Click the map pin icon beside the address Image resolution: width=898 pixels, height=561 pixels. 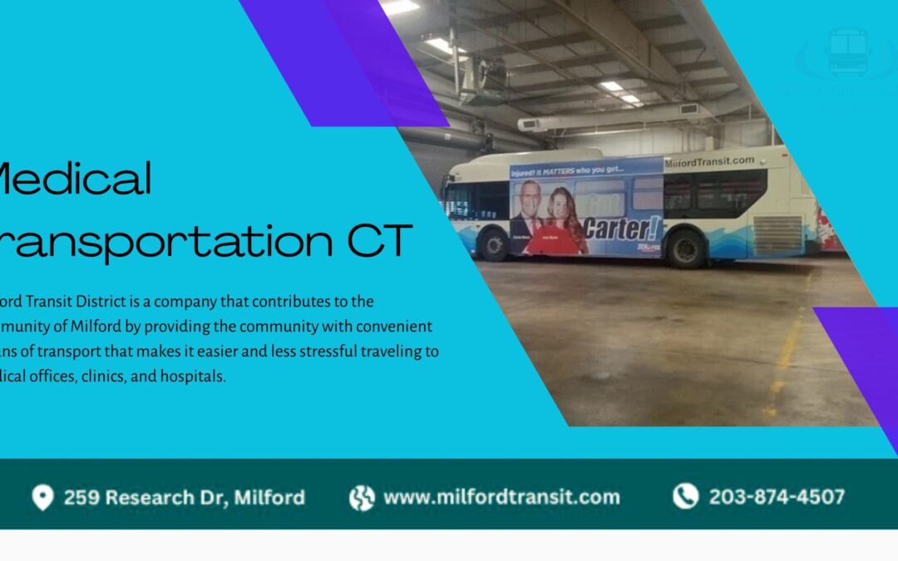[42, 498]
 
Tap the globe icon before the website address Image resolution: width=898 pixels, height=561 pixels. [362, 498]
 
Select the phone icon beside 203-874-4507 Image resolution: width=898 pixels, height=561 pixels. [685, 497]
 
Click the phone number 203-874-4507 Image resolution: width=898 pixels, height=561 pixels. [777, 497]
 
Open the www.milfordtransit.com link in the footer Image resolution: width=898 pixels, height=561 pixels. [501, 497]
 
